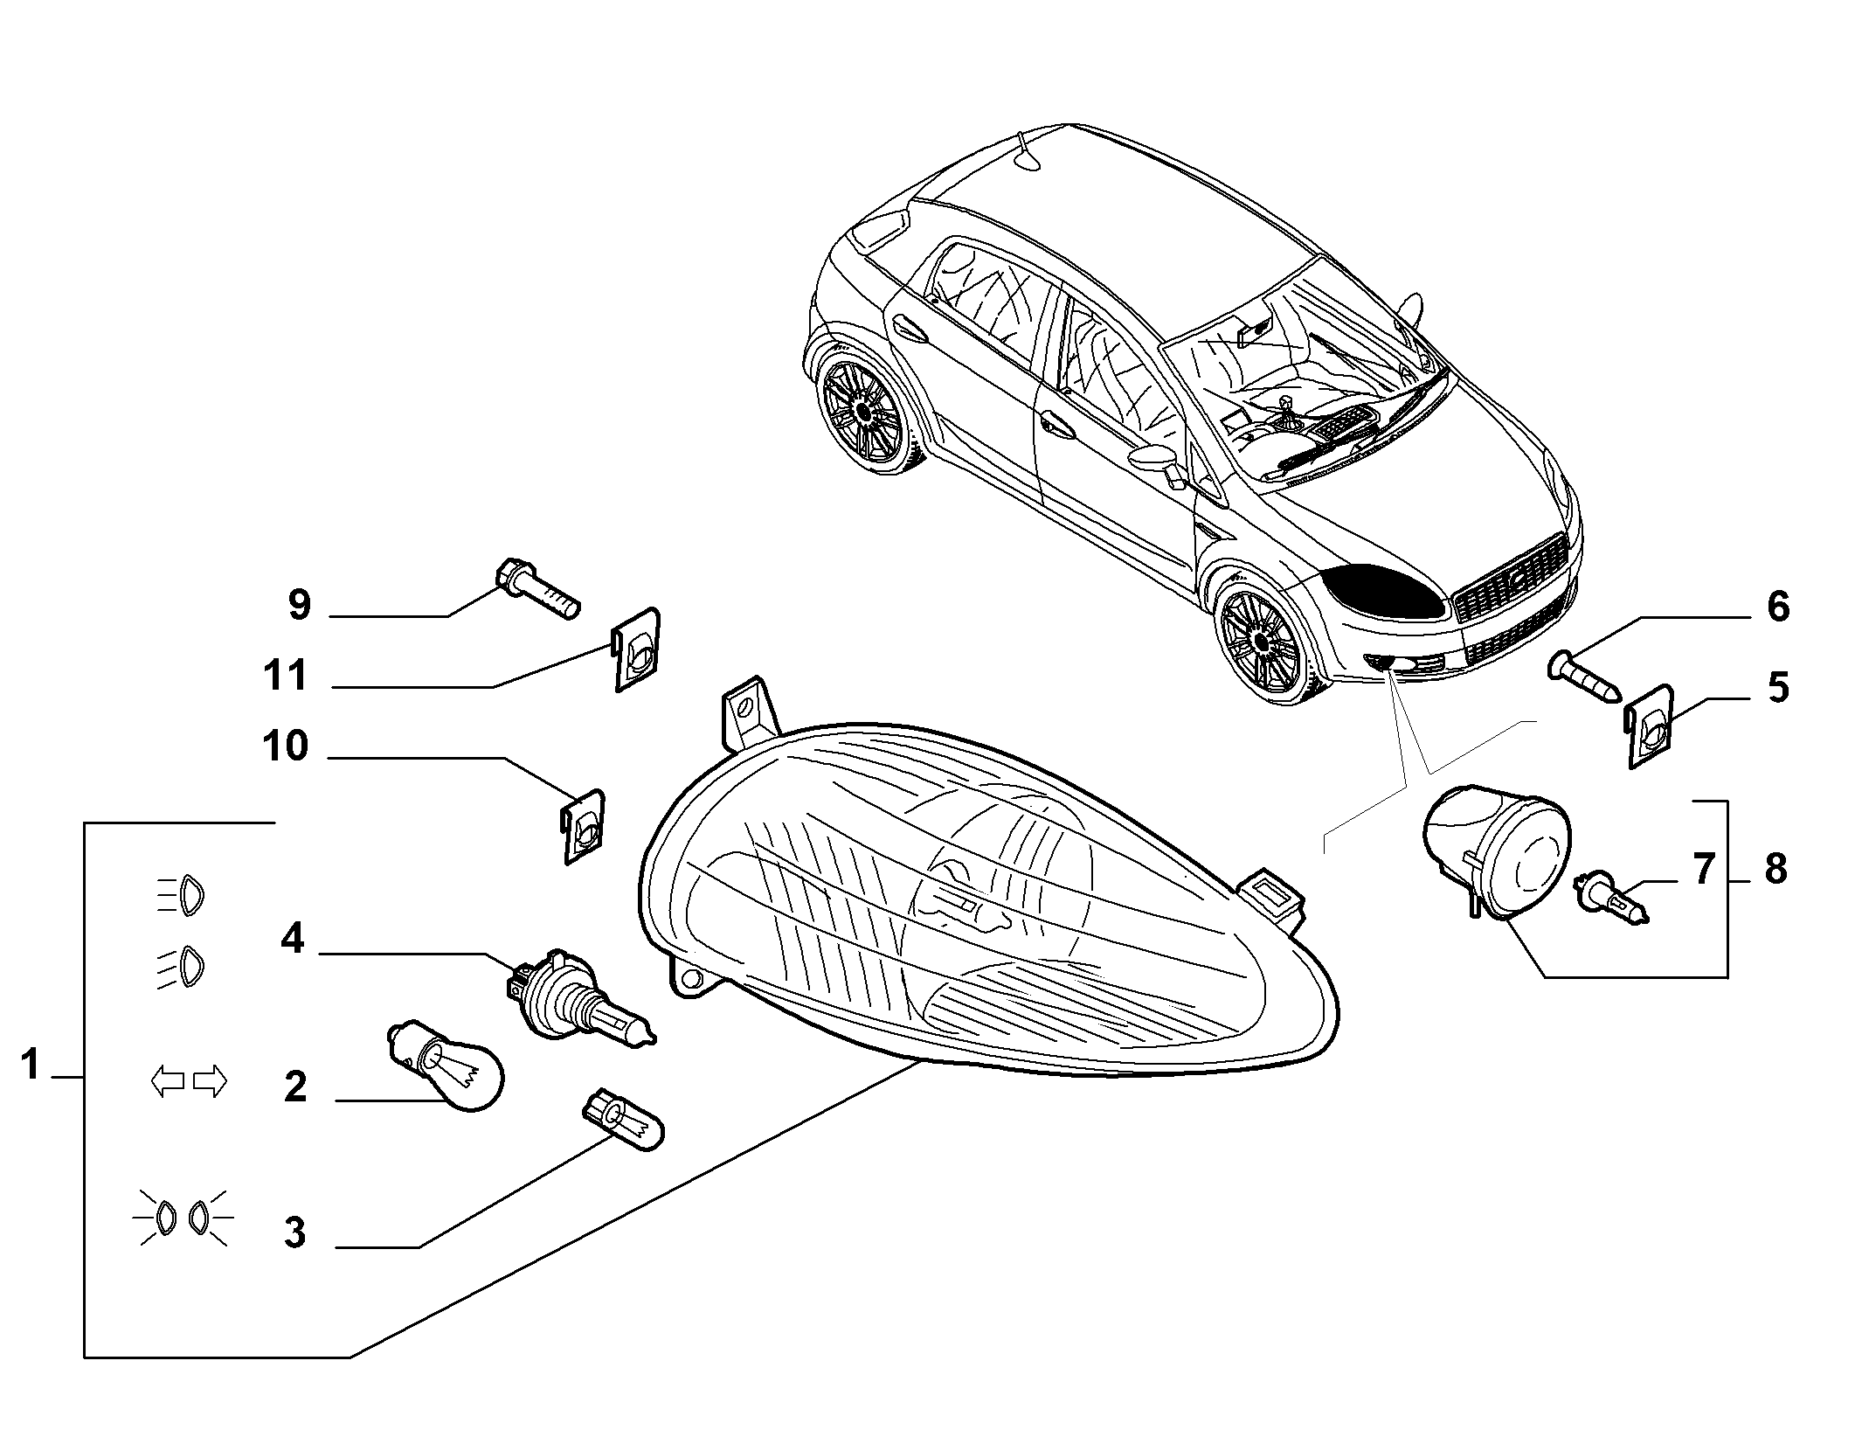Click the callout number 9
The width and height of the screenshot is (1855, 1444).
pyautogui.click(x=299, y=604)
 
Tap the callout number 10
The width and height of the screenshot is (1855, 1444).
pyautogui.click(x=285, y=746)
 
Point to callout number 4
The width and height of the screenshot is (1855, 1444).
pyautogui.click(x=292, y=939)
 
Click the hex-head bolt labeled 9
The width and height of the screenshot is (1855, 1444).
pyautogui.click(x=538, y=587)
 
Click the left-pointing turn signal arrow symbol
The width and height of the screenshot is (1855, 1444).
pyautogui.click(x=168, y=1081)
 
